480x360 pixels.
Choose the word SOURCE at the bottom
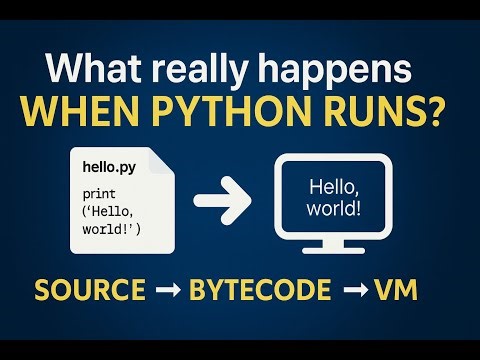pyautogui.click(x=90, y=291)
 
